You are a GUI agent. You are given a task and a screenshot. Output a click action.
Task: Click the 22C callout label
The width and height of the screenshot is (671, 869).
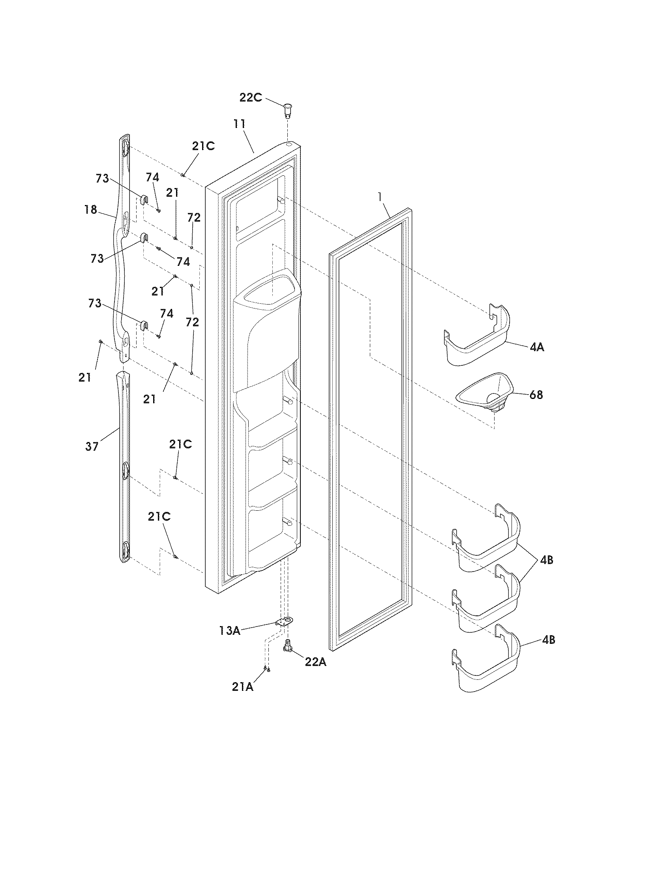pyautogui.click(x=250, y=98)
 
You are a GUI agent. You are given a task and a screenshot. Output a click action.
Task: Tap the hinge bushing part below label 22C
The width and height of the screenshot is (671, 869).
pyautogui.click(x=287, y=110)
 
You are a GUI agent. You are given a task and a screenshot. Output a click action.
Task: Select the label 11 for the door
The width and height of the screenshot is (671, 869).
pyautogui.click(x=239, y=124)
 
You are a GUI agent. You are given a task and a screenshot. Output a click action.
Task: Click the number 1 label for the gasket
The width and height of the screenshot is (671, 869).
pyautogui.click(x=380, y=197)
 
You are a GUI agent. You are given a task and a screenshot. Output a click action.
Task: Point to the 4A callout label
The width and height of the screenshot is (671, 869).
pyautogui.click(x=537, y=347)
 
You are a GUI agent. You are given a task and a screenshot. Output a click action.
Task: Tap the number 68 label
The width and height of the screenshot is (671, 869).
pyautogui.click(x=536, y=395)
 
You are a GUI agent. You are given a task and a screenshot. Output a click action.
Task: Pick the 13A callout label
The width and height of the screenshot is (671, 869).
pyautogui.click(x=229, y=631)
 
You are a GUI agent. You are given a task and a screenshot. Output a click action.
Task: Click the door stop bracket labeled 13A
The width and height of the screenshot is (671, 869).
pyautogui.click(x=284, y=621)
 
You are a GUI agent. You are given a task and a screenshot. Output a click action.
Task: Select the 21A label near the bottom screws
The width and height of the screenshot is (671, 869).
pyautogui.click(x=242, y=687)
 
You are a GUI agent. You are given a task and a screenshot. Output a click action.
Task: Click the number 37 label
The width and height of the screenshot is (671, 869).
pyautogui.click(x=92, y=446)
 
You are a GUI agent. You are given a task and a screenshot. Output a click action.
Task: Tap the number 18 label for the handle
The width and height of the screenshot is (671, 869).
pyautogui.click(x=91, y=210)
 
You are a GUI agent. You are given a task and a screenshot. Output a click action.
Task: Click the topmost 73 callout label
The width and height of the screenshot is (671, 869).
pyautogui.click(x=102, y=179)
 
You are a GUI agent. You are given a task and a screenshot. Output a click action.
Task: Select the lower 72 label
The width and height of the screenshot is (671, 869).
pyautogui.click(x=192, y=322)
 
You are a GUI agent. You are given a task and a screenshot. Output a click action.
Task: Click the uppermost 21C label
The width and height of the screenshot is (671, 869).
pyautogui.click(x=203, y=146)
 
